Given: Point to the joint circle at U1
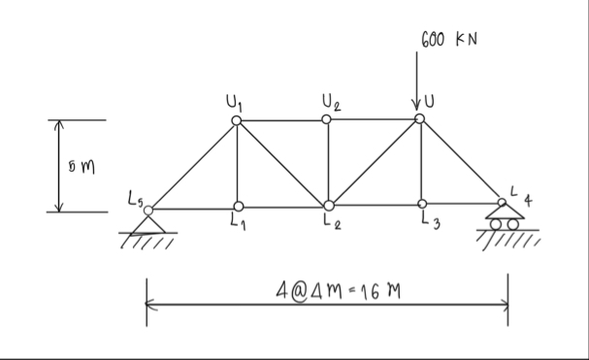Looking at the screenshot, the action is click(x=237, y=120).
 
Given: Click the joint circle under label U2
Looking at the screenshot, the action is click(x=328, y=119).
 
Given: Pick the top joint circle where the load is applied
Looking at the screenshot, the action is click(x=419, y=118).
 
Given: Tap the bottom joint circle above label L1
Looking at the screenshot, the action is click(x=238, y=206).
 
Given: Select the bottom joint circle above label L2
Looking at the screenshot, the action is click(x=329, y=206).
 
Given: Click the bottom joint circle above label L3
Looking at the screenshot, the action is click(x=422, y=204).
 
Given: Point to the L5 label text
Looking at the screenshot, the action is click(x=134, y=200).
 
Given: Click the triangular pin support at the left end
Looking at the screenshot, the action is click(x=147, y=222).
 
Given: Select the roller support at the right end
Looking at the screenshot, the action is click(x=502, y=218).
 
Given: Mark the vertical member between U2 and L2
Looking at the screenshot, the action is click(x=328, y=163).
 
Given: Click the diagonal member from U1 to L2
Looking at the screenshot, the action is click(x=282, y=163).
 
